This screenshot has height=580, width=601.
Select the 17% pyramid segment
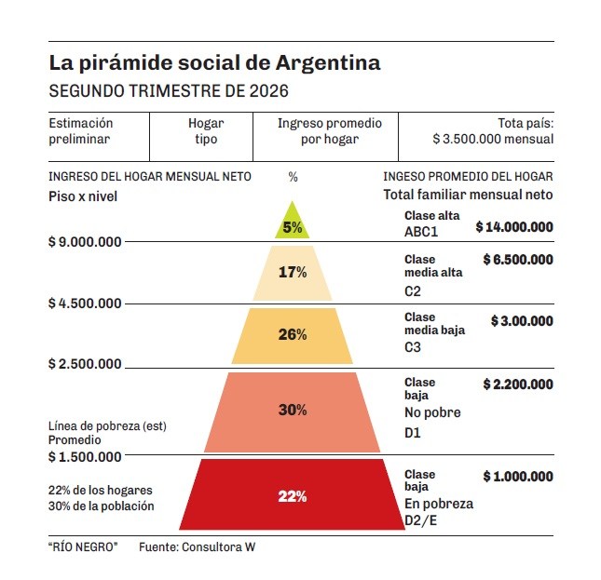click(x=293, y=273)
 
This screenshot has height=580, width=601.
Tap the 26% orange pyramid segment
click(x=292, y=336)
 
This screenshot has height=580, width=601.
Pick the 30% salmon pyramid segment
click(x=292, y=411)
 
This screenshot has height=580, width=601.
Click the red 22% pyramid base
click(x=292, y=494)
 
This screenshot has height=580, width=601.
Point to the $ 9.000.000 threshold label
click(x=85, y=242)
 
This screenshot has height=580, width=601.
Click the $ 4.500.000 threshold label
click(x=85, y=303)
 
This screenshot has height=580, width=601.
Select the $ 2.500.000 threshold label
click(x=85, y=364)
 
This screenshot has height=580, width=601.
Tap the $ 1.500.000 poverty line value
click(x=85, y=457)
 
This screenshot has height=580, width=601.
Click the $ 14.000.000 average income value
click(x=514, y=227)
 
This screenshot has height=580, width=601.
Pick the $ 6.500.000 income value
click(x=518, y=260)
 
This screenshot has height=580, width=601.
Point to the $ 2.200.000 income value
click(x=518, y=384)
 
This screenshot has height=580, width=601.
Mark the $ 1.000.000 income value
click(x=518, y=477)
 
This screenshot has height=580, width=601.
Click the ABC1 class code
click(x=421, y=232)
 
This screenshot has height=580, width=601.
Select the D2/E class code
click(x=420, y=520)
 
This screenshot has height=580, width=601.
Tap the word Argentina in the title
click(x=328, y=63)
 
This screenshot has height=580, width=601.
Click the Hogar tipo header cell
click(x=206, y=131)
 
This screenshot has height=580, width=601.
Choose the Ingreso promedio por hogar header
click(x=330, y=131)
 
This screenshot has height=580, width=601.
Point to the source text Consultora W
click(x=218, y=547)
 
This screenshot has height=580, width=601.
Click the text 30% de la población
click(x=102, y=506)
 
